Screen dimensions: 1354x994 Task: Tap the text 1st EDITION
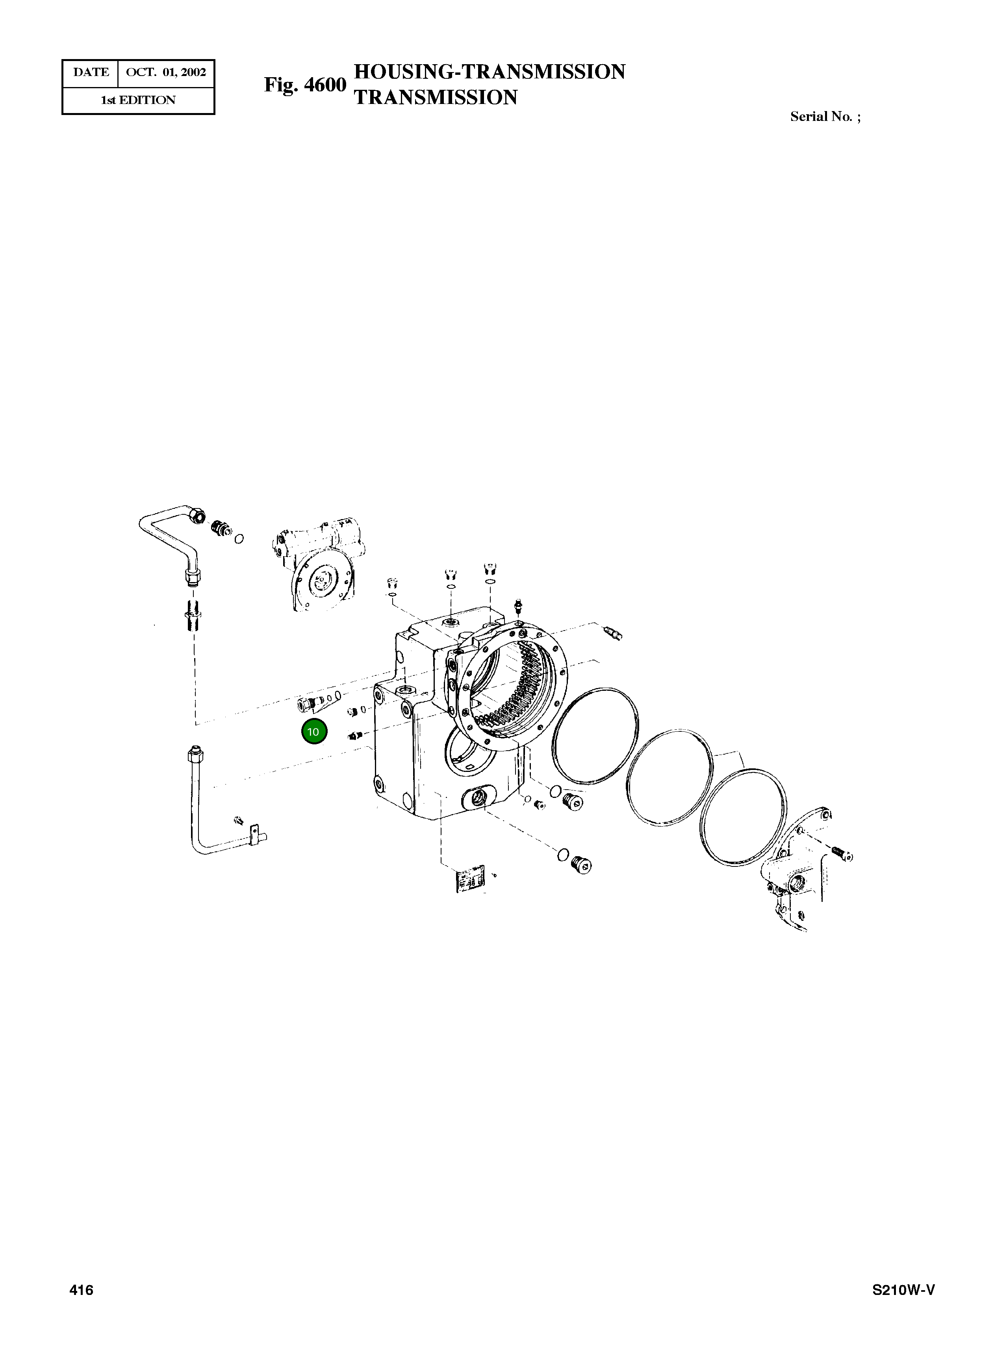(138, 100)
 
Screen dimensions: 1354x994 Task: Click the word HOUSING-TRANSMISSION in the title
(489, 72)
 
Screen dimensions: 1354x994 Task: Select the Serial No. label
(825, 117)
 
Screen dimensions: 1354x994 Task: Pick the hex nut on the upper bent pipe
(196, 514)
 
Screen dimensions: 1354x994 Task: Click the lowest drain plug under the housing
(583, 865)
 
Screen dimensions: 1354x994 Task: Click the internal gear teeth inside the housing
(521, 692)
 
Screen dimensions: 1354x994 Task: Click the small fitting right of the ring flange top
(613, 632)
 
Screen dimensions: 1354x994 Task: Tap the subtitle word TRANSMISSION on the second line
(435, 98)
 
